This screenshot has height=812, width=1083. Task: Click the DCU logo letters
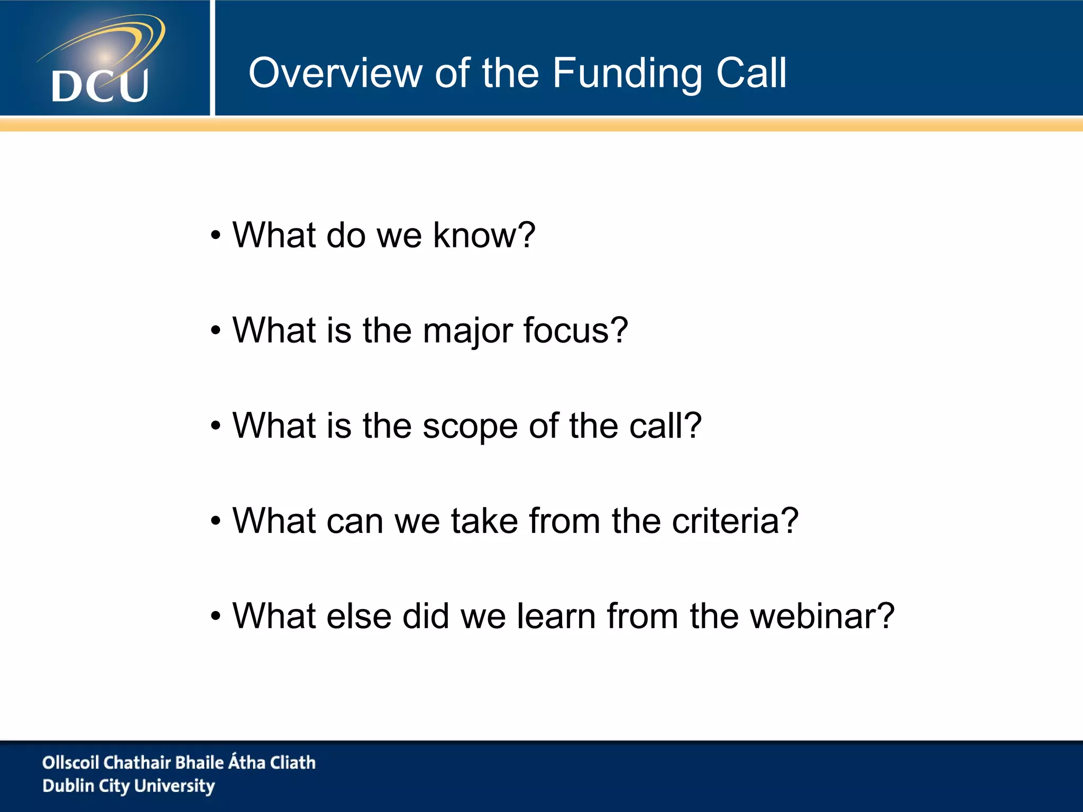point(100,86)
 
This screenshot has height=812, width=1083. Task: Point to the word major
point(467,331)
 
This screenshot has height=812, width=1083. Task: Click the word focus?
point(575,330)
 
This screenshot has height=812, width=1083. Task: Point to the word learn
point(556,616)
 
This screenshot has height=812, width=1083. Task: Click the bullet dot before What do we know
point(215,236)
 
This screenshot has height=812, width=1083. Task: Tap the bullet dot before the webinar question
point(215,617)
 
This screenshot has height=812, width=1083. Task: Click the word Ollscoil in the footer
point(71,762)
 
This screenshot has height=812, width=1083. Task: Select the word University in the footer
point(175,786)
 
